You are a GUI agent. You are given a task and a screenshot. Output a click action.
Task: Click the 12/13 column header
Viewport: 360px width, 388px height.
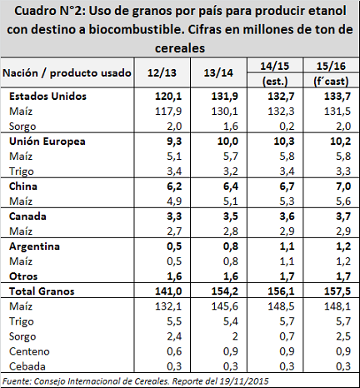pos(162,72)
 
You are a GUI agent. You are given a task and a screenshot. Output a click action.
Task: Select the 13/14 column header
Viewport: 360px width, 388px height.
pos(218,72)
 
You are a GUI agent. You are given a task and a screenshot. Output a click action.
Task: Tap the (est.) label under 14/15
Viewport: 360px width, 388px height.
pos(275,82)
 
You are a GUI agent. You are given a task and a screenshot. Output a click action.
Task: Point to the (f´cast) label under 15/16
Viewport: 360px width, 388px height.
pos(331,82)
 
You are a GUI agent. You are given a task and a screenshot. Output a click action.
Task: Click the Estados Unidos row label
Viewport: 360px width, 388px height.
pos(47,97)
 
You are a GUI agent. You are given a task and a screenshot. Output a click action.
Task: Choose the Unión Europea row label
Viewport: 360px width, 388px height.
pos(47,142)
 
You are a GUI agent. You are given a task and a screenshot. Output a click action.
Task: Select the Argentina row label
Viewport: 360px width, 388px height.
pos(34,246)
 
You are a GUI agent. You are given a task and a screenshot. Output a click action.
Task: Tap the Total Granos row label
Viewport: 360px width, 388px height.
pos(42,291)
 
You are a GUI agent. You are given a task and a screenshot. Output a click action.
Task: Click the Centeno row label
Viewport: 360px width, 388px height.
pos(29,351)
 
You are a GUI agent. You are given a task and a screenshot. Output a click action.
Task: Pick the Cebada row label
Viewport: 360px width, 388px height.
pos(27,366)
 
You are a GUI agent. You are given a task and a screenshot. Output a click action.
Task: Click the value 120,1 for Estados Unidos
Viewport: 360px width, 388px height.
pos(168,97)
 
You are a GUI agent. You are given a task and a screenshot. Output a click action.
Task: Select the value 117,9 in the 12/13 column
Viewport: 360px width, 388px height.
pos(168,112)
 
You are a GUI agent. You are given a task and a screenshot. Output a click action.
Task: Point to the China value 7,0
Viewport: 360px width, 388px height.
pos(343,187)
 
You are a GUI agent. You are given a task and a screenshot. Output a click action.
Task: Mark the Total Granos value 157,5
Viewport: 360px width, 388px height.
pos(337,291)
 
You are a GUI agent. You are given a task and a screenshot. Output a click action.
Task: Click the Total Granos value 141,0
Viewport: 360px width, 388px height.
pos(168,291)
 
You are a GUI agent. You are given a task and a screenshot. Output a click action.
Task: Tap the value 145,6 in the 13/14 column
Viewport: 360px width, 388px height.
pos(225,306)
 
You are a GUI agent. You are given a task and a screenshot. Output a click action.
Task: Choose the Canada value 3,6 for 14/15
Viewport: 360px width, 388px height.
pos(287,216)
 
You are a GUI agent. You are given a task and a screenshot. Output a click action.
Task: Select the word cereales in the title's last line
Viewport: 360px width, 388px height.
pos(180,48)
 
